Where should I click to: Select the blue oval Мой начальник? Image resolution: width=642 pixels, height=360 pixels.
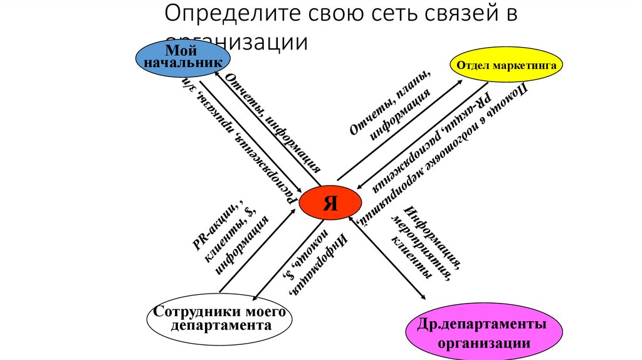tap(183, 58)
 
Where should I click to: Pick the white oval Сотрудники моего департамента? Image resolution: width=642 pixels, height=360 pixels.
tap(219, 319)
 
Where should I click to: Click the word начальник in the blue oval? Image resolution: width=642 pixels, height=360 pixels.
tap(183, 63)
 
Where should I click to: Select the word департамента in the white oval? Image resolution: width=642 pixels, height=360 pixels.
tap(220, 326)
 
